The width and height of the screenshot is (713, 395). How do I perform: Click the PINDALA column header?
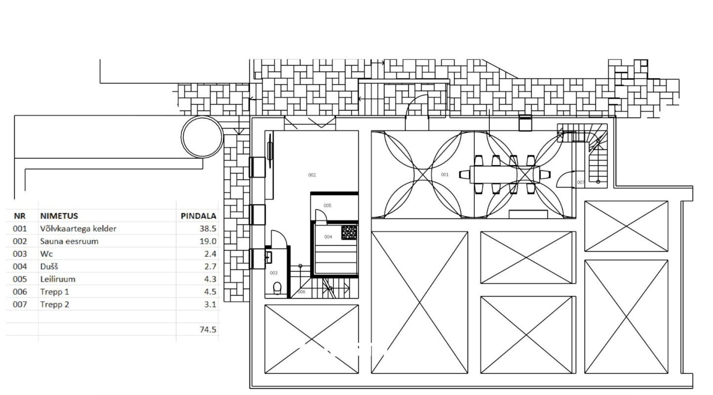(x=198, y=216)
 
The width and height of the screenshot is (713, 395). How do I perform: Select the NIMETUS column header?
(x=59, y=216)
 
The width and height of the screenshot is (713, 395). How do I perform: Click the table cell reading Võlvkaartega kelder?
(x=79, y=229)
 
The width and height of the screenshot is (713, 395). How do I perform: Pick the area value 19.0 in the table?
(x=208, y=241)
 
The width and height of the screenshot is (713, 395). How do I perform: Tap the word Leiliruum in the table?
(x=58, y=279)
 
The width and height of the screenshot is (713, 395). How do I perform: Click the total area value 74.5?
(x=208, y=329)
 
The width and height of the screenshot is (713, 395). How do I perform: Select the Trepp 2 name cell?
(x=54, y=304)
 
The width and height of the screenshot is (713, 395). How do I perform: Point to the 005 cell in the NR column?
(x=20, y=279)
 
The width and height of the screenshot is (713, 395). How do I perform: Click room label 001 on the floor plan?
(x=445, y=174)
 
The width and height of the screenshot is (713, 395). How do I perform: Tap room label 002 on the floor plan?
(x=312, y=175)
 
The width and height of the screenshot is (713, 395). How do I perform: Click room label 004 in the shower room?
(x=328, y=237)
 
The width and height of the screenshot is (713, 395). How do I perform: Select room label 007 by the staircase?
(x=581, y=182)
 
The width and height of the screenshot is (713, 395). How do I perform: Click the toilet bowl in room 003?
(x=277, y=288)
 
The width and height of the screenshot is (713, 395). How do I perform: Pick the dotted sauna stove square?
(x=349, y=233)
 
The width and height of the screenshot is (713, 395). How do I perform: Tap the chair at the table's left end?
(x=465, y=174)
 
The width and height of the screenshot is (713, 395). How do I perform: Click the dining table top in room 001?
(x=505, y=174)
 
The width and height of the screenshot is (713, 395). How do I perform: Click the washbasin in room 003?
(x=268, y=258)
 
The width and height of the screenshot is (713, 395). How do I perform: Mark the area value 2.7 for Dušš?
(x=210, y=267)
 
